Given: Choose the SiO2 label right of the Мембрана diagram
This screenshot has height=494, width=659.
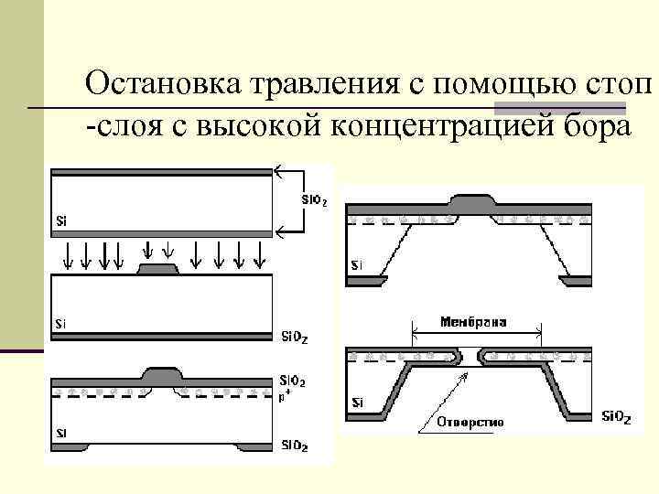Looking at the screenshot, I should [x=615, y=418].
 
